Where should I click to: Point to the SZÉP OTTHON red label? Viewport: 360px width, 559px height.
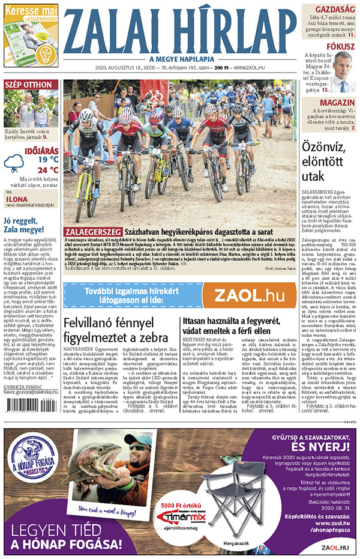click(28, 85)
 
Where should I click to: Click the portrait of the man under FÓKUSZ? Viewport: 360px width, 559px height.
click(341, 71)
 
